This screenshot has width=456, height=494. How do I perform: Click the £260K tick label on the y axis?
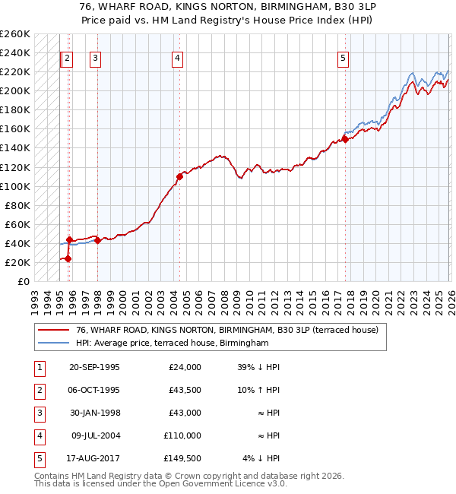(x=15, y=34)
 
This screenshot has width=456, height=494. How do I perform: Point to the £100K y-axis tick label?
(x=15, y=186)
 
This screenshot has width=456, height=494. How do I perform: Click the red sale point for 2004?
(x=180, y=176)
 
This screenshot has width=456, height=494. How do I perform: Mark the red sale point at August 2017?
(x=345, y=139)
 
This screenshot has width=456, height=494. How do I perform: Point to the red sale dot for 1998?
(x=97, y=240)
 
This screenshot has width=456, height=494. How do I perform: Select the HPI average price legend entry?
(x=173, y=344)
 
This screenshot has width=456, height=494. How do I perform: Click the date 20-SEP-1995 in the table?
(x=94, y=367)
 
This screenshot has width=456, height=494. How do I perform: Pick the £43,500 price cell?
(x=185, y=390)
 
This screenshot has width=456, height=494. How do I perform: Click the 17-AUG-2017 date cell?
(x=94, y=458)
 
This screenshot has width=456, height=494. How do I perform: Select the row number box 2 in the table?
(x=39, y=390)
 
